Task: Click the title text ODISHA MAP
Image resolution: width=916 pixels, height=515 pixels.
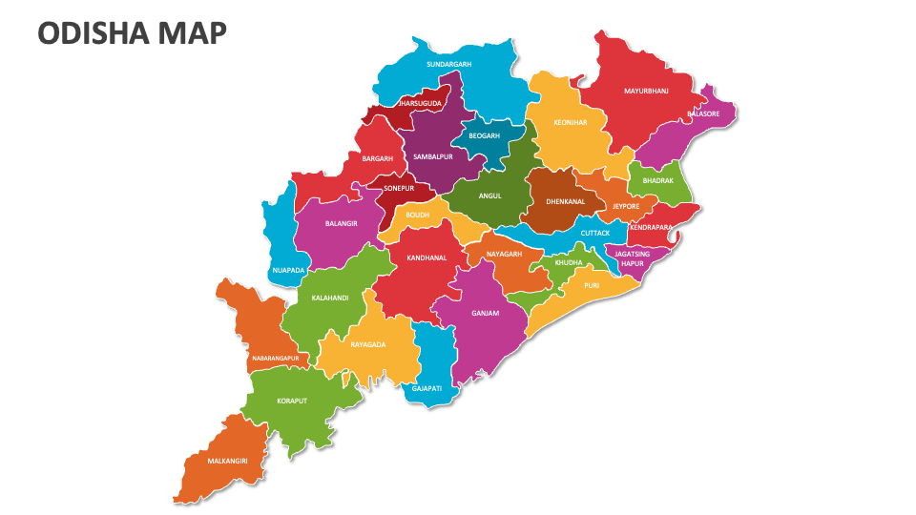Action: pos(133,33)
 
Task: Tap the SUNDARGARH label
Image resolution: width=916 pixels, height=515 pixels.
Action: pos(448,64)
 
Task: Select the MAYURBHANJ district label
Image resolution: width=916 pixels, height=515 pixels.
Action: pos(646,92)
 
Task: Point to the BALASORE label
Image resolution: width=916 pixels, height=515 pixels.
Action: pos(703,113)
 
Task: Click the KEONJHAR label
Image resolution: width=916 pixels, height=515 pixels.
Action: pos(570,123)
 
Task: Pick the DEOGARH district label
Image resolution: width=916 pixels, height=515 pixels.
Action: pos(484,136)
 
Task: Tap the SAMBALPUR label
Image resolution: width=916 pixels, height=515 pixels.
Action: pos(432,156)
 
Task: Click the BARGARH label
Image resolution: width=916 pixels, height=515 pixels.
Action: pos(377,158)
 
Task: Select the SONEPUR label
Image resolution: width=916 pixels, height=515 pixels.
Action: pos(398,189)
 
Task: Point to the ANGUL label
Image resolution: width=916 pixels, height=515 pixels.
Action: pos(489,196)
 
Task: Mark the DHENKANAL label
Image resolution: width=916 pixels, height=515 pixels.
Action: pos(565,201)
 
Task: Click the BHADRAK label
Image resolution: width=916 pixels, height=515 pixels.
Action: pos(657,180)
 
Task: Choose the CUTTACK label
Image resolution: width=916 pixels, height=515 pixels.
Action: pos(595,233)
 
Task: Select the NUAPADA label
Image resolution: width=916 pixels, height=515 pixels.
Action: pos(288,270)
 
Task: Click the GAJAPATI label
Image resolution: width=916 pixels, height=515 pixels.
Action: pos(427,388)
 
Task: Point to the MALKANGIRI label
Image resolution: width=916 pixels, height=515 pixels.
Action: pos(227,461)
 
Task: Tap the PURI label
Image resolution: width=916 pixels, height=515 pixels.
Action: pos(592,284)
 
